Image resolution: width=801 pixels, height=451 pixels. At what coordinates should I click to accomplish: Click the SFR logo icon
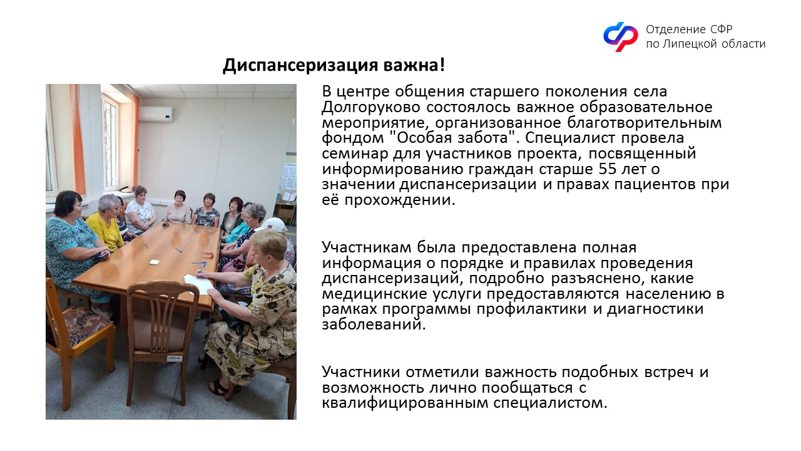point(620,36)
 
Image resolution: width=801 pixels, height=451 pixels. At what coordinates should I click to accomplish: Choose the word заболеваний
point(374,324)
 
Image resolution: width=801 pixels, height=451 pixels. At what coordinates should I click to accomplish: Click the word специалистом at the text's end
point(550,403)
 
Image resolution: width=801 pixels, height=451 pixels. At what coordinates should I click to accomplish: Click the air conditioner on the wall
point(156,114)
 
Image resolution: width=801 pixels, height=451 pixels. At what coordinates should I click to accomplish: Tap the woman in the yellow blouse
point(106,224)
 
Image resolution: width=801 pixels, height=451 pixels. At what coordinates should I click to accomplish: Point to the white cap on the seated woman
point(273,224)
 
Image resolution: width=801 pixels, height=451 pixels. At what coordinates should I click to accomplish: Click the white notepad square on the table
point(154,262)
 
